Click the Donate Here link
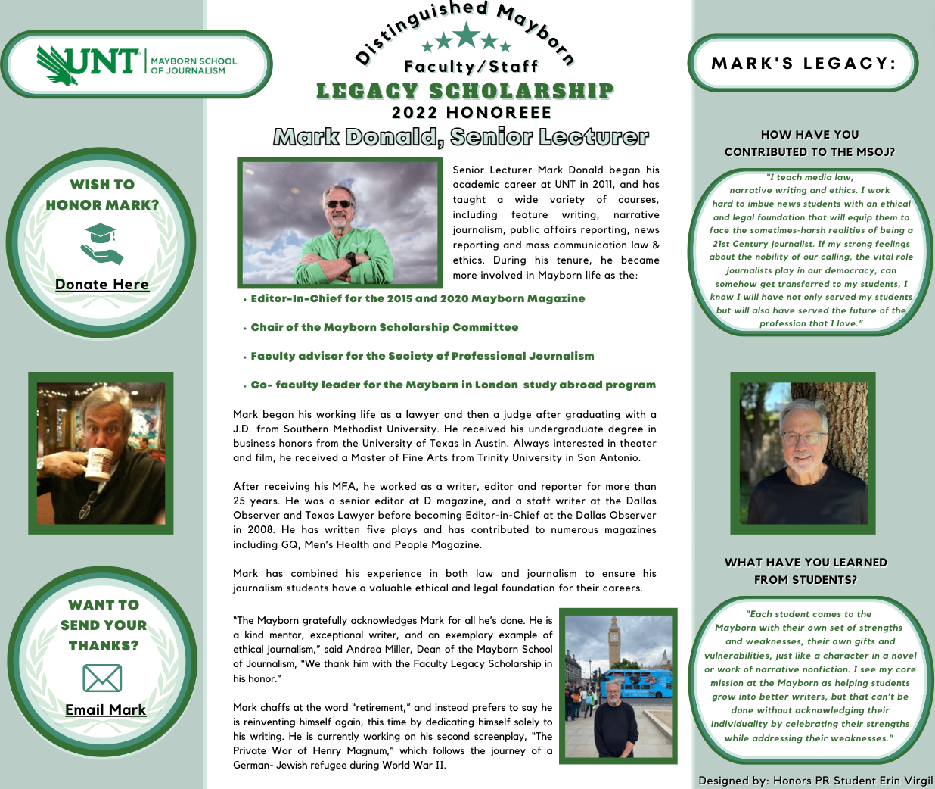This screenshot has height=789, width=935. [102, 285]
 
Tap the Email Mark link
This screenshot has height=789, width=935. [105, 709]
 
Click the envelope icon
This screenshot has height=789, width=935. [102, 678]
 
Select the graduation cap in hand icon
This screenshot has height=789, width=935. [101, 243]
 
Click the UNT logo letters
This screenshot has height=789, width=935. [89, 61]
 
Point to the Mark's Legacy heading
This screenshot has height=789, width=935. [803, 63]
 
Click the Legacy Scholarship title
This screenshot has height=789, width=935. [465, 92]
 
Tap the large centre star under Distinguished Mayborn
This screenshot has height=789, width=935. [465, 35]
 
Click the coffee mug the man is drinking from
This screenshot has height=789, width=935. [97, 464]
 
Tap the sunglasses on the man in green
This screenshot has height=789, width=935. [338, 203]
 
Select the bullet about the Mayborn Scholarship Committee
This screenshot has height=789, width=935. [384, 327]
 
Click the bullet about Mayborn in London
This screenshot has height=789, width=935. [453, 385]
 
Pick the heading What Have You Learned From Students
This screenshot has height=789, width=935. [806, 571]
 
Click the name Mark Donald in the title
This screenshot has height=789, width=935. [358, 137]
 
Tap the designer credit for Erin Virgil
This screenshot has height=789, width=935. [815, 781]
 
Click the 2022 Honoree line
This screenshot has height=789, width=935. [471, 113]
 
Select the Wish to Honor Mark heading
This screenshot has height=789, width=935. [102, 195]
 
